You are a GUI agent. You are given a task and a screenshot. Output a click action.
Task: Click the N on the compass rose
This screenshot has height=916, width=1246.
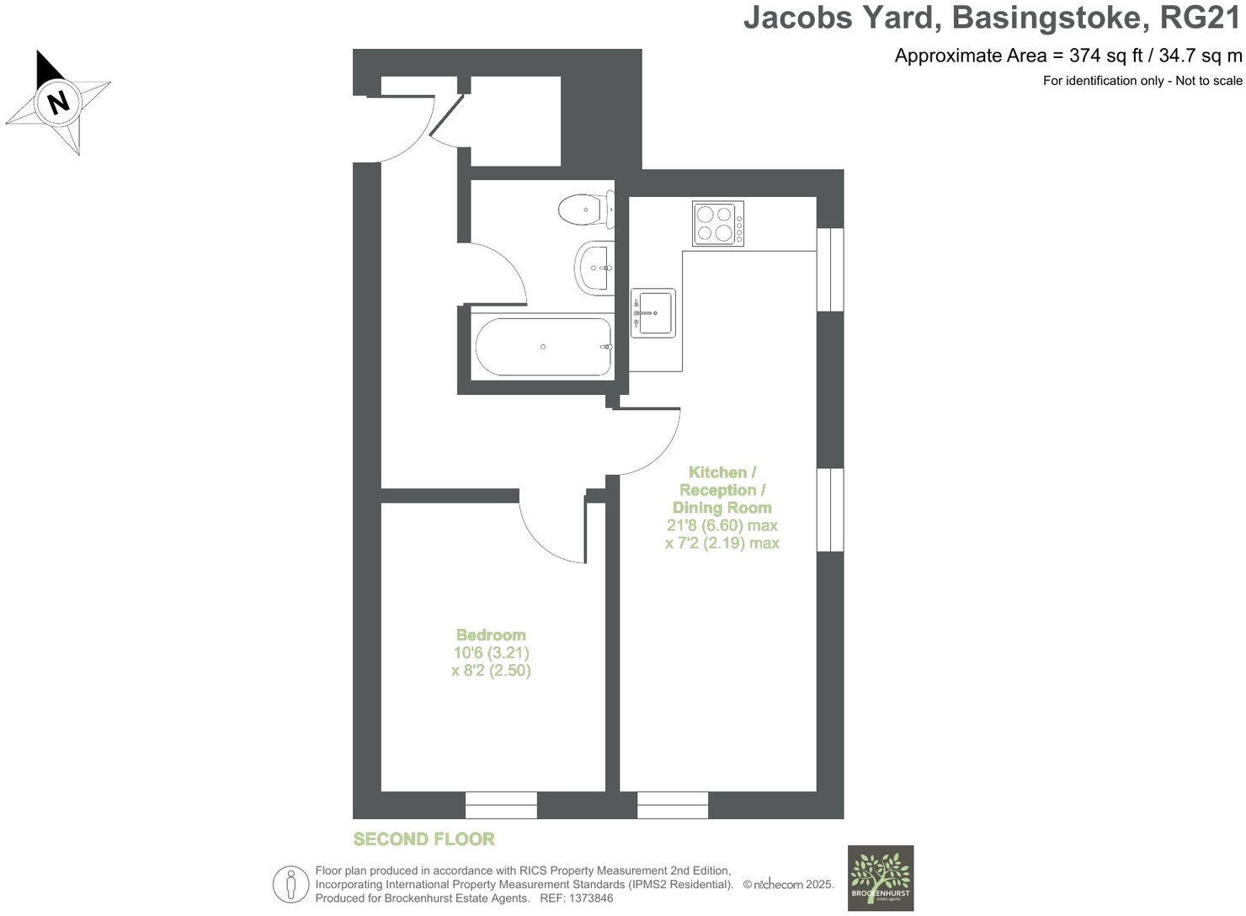coord(58,103)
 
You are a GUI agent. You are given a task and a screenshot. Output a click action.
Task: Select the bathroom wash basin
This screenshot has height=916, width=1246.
coord(595,268)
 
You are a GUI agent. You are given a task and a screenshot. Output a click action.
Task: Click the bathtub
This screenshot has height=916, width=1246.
coord(544,347)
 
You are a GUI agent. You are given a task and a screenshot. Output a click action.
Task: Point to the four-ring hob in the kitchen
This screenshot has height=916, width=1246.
coord(717,223)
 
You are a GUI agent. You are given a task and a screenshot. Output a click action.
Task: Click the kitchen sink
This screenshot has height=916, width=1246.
coord(652,313)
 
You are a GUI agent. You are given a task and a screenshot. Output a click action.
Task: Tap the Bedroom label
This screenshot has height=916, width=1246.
coord(491,635)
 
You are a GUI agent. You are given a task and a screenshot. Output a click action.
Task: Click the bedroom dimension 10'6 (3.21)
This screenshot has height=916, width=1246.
coord(491,652)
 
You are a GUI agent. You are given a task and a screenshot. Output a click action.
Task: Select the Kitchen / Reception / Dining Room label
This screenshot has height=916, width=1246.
coord(722,490)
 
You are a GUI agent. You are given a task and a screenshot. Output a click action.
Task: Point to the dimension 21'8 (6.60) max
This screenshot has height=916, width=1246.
coord(722,525)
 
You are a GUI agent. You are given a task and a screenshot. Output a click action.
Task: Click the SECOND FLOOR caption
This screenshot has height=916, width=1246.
coord(423,839)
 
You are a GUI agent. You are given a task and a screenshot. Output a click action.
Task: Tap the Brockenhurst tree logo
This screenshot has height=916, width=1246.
coord(880,877)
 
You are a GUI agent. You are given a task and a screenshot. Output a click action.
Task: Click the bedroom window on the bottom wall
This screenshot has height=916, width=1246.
coord(501,805)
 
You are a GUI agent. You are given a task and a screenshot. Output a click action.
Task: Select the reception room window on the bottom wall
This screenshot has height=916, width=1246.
coord(673,805)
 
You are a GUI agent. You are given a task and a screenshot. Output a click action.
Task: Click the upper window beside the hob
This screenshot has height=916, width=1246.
coord(831,269)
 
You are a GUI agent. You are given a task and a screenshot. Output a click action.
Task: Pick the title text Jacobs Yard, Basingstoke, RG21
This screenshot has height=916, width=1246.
coord(992,19)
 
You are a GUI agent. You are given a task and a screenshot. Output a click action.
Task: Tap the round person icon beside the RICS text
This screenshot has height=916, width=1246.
coord(290,884)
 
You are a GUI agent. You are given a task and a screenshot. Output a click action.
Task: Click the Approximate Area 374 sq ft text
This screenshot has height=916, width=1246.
coord(1068,56)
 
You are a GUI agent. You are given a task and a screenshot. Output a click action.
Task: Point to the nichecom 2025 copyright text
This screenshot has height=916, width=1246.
coord(788,885)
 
